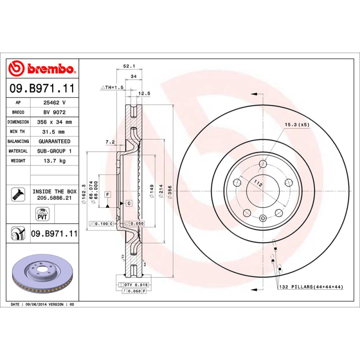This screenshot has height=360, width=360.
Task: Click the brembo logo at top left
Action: pos(42,68)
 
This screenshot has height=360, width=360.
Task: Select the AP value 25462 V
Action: pos(54,103)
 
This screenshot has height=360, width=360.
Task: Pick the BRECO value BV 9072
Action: pos(54,112)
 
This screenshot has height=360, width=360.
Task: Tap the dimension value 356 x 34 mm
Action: pos(54,122)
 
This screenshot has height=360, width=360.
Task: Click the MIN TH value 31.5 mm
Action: pos(54,132)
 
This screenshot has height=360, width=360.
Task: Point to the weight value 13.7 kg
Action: pos(54,161)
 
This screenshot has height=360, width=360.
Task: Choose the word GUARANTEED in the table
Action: pos(54,141)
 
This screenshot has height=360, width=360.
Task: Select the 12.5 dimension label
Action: pos(144,93)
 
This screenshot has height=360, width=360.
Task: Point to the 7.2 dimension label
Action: pos(110,142)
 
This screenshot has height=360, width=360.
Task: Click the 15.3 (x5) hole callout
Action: pos(297,125)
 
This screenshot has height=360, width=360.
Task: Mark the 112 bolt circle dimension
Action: pos(257,183)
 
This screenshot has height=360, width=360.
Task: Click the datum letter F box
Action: pos(108,194)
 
